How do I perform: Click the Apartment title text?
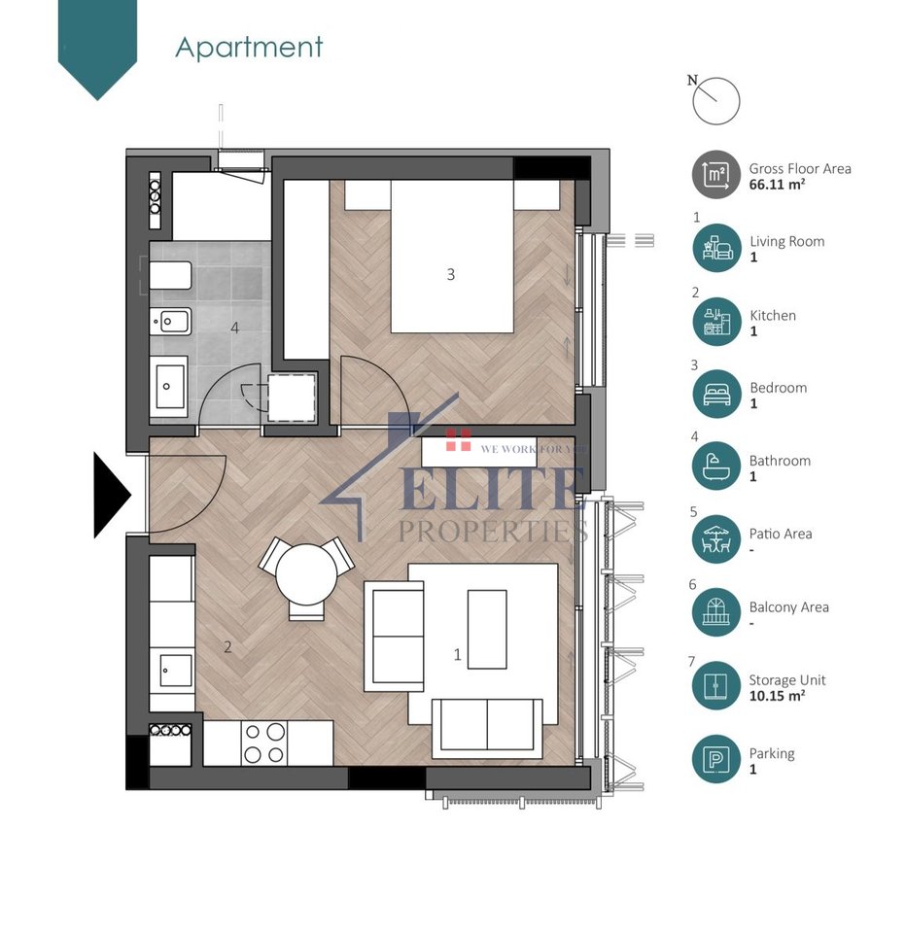coord(249,47)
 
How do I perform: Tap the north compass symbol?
coord(716,101)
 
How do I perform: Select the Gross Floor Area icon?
coord(715,176)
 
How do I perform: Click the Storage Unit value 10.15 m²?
coord(776,696)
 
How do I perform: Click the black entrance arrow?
coord(110,495)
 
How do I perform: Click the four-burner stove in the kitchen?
coord(263,743)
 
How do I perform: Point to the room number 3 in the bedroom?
coord(450,275)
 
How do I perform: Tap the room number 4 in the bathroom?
coord(234,328)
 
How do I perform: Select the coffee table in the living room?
coord(487,628)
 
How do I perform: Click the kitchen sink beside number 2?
coord(175,670)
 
